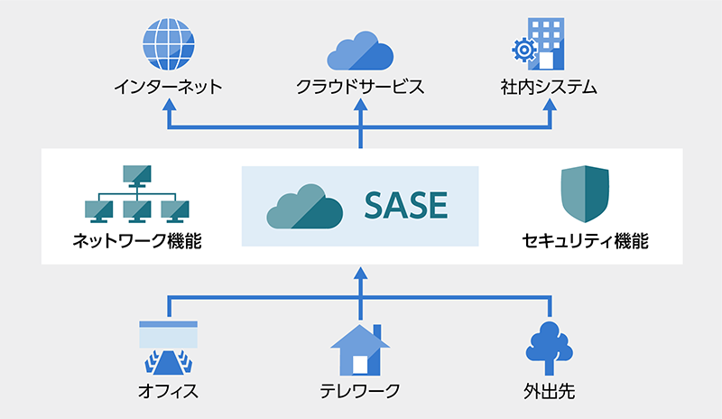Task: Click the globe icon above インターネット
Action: coord(169,43)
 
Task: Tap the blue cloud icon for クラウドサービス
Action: coord(360,51)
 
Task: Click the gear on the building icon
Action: coord(524,50)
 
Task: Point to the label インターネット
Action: coord(169,87)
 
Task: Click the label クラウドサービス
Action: coord(360,87)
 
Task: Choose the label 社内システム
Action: coord(549,87)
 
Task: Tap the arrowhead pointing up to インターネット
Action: coord(170,104)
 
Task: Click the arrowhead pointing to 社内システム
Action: coord(550,104)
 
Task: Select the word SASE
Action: coord(405,205)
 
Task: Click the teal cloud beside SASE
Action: coord(305,207)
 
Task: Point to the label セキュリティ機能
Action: coord(585,241)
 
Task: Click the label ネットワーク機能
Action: coord(137,241)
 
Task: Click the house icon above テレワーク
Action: coord(360,349)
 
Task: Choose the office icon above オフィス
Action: coord(169,347)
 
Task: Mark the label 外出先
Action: coord(550,391)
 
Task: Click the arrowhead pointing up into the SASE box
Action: coord(360,274)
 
